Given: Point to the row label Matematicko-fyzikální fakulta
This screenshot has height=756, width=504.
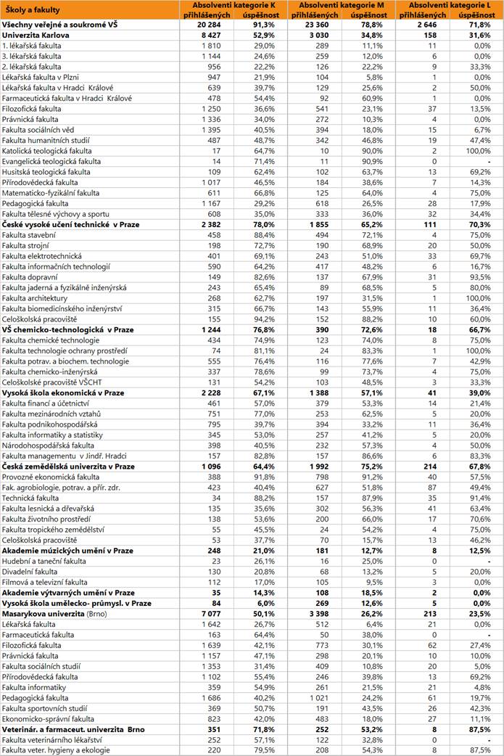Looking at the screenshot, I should pos(51,194).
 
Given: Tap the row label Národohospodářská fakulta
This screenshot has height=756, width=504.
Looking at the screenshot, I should pos(48,445).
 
